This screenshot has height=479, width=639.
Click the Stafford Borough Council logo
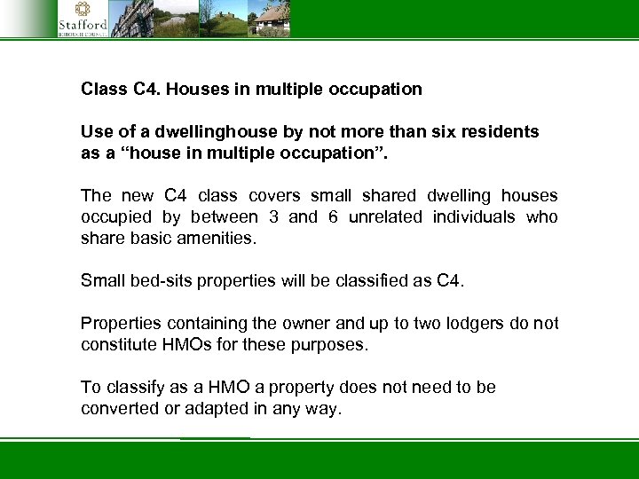tap(83, 20)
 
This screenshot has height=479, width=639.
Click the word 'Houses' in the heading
tap(194, 90)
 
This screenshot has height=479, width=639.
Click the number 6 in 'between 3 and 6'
tap(334, 217)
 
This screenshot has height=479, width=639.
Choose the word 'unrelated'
tap(383, 217)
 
